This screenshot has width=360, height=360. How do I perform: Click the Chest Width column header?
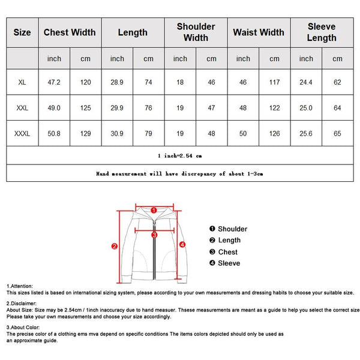[70, 32]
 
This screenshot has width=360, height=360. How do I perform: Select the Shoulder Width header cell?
[196, 32]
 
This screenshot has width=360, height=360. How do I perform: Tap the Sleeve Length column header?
[322, 32]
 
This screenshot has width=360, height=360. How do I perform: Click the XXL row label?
[22, 107]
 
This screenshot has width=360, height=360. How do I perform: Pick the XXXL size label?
[22, 133]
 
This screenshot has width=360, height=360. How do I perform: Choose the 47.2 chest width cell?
[54, 82]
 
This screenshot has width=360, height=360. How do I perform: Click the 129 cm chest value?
[86, 133]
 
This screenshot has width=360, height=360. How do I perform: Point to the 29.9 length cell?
[117, 107]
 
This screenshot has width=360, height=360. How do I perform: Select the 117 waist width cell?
[274, 82]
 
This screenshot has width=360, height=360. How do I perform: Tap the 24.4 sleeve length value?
[306, 82]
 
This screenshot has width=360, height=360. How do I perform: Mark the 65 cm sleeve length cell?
[337, 133]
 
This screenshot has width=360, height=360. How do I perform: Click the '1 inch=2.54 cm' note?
[180, 155]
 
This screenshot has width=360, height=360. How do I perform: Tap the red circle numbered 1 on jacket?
[154, 211]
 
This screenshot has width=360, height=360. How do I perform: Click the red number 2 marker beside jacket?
[114, 245]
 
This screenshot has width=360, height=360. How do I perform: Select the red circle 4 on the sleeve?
[182, 244]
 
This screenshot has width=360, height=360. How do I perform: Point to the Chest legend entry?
[223, 252]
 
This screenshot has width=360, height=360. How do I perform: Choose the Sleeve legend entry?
[224, 263]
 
